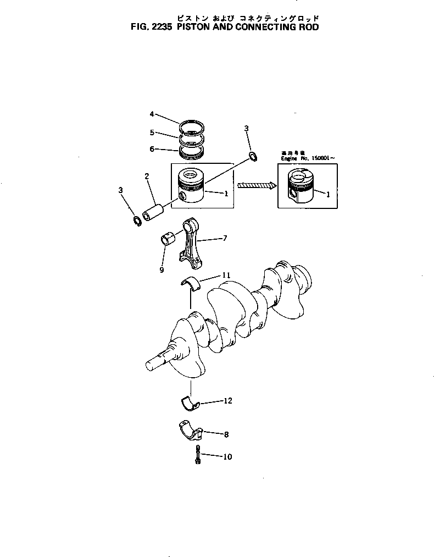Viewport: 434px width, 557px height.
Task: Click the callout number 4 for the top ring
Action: point(152,114)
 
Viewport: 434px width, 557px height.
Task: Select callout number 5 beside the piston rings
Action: point(152,132)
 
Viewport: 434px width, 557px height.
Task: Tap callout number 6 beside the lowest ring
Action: point(152,148)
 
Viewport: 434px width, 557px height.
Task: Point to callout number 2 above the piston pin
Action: point(147,176)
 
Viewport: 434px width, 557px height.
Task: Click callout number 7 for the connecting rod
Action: point(225,238)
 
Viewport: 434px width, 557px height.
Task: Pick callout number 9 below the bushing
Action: point(162,270)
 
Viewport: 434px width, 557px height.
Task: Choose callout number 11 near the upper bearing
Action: point(226,274)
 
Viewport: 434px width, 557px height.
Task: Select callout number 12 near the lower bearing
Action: point(227,401)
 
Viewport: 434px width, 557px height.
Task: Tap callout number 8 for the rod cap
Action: point(226,434)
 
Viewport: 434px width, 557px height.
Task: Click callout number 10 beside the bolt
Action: point(227,456)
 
